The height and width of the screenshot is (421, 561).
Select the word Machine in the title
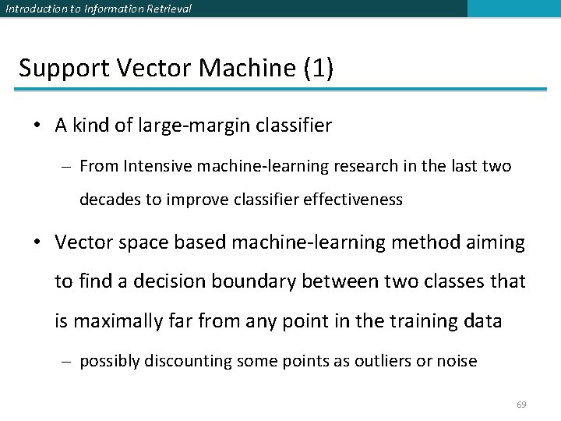coord(248,69)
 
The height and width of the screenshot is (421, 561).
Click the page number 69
coord(522,405)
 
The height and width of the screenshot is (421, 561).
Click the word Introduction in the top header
coord(33,9)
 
